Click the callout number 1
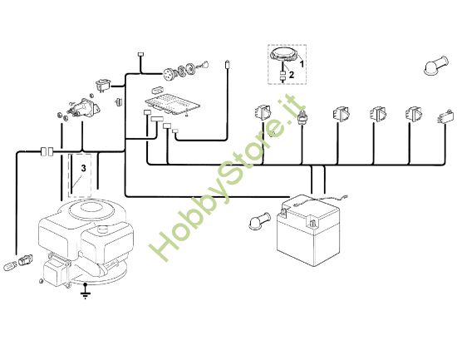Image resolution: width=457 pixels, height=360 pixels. [302, 63]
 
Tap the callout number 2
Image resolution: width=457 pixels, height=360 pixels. [302, 75]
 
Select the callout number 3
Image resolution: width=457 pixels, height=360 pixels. [82, 168]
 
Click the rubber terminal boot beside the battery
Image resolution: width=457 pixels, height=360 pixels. [257, 224]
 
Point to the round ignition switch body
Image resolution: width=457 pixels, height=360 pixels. [177, 72]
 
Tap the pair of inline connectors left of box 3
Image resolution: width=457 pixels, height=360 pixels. [48, 151]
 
